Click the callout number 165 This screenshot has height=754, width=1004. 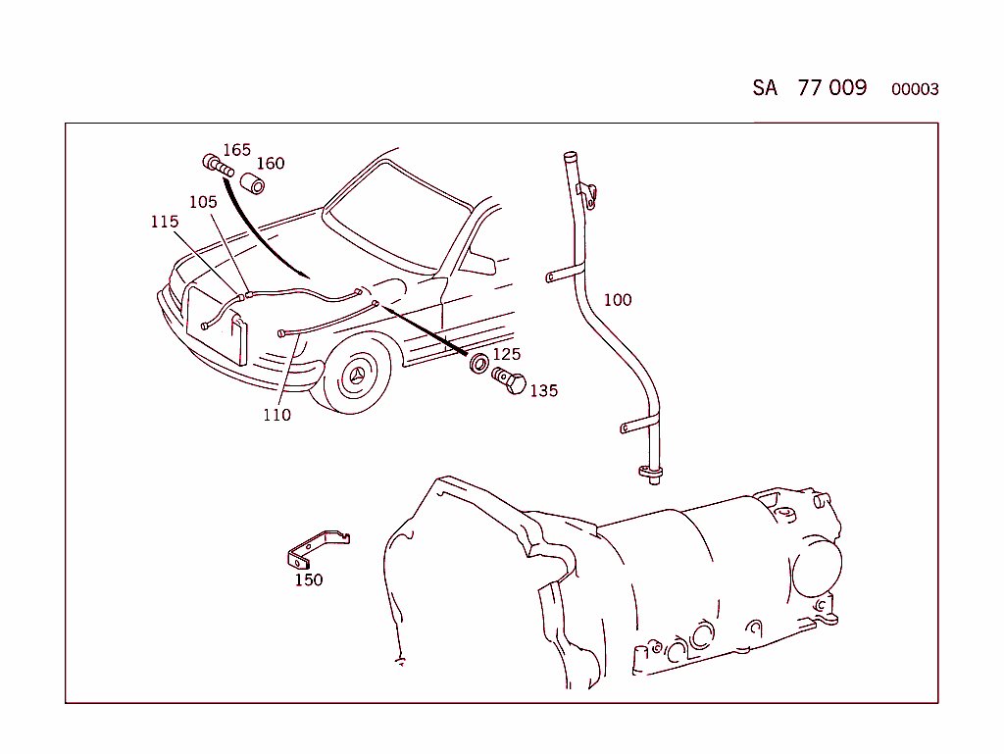click(236, 150)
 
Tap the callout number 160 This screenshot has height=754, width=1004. click(271, 164)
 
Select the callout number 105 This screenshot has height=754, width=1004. click(203, 202)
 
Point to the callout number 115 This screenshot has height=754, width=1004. click(165, 222)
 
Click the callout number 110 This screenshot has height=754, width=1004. click(276, 415)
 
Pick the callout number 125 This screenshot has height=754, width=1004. click(506, 354)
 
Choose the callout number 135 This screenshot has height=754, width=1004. click(543, 391)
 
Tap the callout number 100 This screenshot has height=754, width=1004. click(618, 300)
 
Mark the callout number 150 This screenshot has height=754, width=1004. click(309, 579)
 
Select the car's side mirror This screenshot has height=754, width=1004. click(478, 263)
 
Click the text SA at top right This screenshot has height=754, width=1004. click(765, 88)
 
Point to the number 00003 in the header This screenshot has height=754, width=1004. click(915, 90)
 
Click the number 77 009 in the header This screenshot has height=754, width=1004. click(832, 88)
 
